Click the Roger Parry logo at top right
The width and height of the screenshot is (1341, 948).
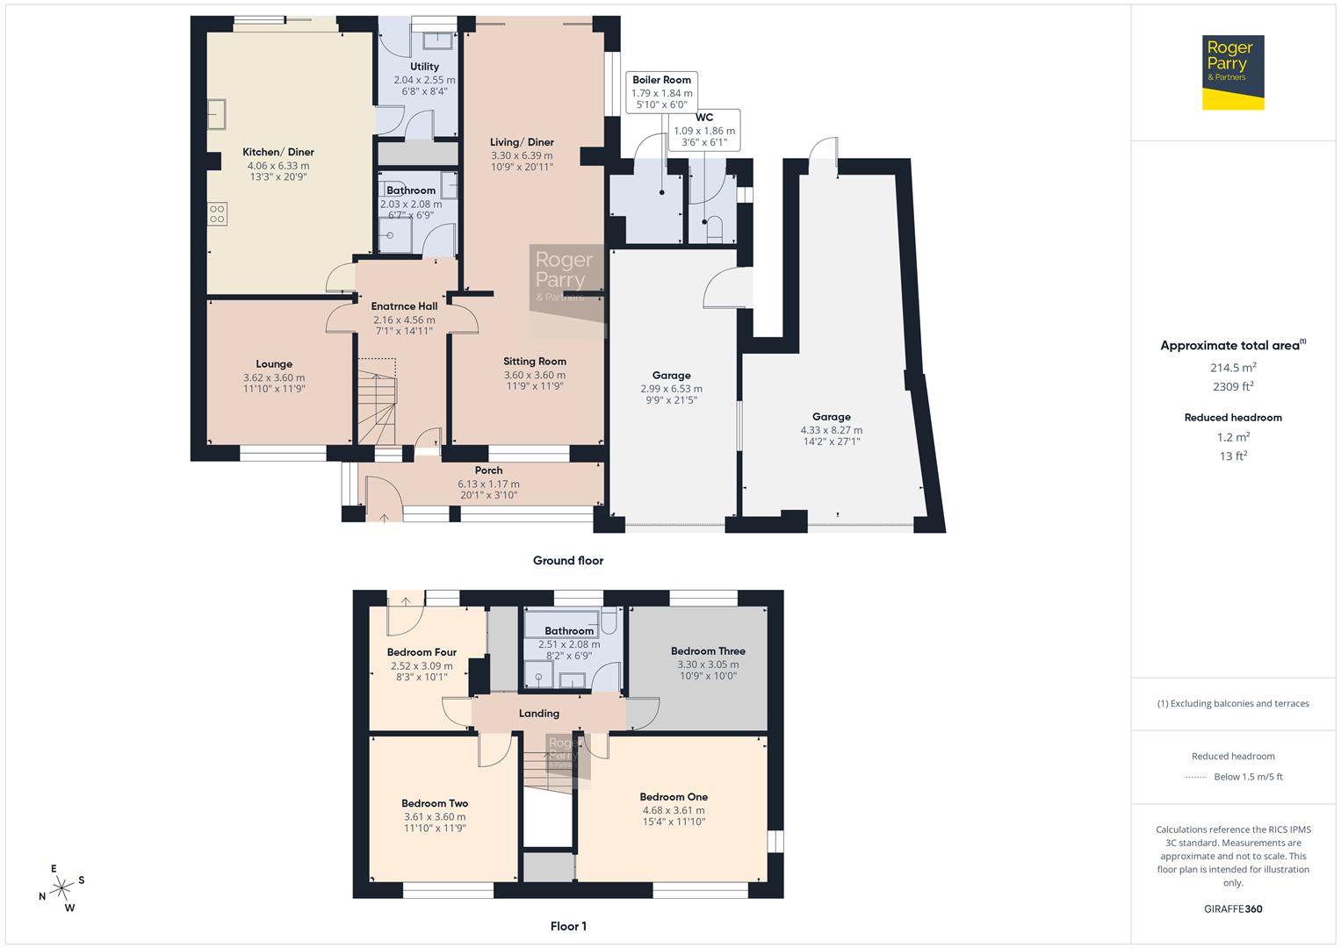(x=1233, y=72)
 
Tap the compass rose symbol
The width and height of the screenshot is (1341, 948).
(x=62, y=888)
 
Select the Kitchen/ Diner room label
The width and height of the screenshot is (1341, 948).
(x=278, y=152)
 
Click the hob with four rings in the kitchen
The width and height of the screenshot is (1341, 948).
(x=217, y=214)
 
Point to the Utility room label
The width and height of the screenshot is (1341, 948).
(x=424, y=67)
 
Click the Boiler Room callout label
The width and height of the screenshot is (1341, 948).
(x=661, y=80)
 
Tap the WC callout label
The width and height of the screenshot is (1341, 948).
(x=704, y=118)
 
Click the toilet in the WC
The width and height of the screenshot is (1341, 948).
(x=711, y=230)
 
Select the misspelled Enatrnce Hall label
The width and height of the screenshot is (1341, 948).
(x=404, y=306)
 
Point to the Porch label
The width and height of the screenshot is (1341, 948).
(x=488, y=470)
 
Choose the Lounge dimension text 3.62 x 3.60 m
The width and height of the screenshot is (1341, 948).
(x=274, y=377)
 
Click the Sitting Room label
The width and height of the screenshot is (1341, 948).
(x=534, y=361)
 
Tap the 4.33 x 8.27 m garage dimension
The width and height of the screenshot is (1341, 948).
(x=831, y=430)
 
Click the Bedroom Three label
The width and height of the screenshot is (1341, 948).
(x=708, y=651)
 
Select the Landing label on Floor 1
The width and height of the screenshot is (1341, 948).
(x=538, y=714)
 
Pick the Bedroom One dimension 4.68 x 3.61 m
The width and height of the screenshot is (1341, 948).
(x=674, y=810)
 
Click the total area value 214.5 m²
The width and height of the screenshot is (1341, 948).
(x=1233, y=368)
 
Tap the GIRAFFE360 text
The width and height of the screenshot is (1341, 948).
(x=1233, y=908)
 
